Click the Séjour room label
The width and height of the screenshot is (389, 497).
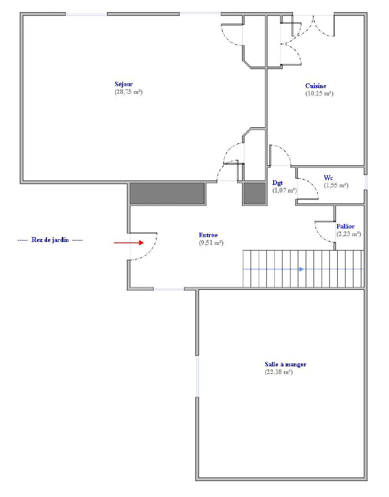tap(124, 84)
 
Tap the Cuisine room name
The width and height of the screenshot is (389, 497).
tap(316, 86)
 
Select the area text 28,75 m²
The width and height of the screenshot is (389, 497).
tap(128, 92)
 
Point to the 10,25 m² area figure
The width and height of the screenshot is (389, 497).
tap(319, 93)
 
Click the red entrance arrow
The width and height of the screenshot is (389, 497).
tap(129, 243)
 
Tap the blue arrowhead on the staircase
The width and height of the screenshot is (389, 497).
tap(301, 270)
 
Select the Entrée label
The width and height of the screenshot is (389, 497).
tap(208, 235)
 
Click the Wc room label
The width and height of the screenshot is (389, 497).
tap(328, 178)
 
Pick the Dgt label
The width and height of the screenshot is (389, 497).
tap(278, 183)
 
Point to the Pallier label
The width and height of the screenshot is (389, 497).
tap(345, 226)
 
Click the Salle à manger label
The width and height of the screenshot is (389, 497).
tap(285, 364)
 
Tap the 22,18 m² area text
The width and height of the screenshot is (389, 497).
tap(279, 372)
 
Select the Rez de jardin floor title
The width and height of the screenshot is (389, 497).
tap(50, 240)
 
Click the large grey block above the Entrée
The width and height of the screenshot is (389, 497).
tap(167, 194)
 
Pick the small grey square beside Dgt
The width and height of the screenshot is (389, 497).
tap(254, 194)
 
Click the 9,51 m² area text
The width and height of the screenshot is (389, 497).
tap(211, 243)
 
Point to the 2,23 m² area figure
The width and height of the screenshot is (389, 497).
tap(349, 234)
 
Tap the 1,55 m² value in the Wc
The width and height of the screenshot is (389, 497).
tap(336, 185)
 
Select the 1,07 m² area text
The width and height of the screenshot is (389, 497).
tap(285, 191)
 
